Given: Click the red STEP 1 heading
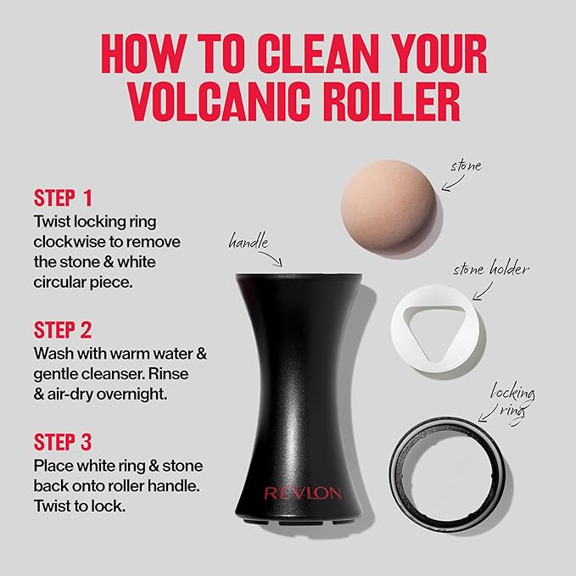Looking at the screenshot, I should pyautogui.click(x=63, y=199).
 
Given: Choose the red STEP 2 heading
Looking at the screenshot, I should pyautogui.click(x=63, y=330).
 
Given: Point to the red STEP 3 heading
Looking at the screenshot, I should pyautogui.click(x=63, y=443).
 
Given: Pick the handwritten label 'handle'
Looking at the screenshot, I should pyautogui.click(x=253, y=242).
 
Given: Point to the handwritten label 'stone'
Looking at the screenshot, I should pyautogui.click(x=466, y=166).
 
